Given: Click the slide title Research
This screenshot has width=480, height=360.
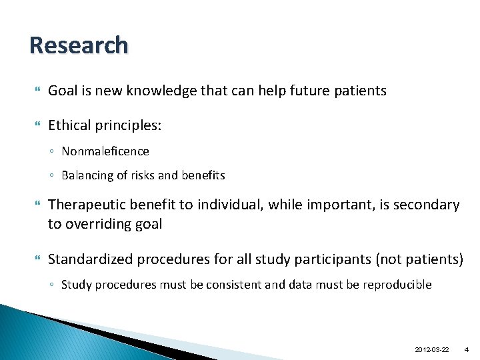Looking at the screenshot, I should tap(79, 45).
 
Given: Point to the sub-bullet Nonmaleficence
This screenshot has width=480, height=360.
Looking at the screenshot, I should tap(105, 151).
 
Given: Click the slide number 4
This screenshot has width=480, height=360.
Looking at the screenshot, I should tap(467, 349).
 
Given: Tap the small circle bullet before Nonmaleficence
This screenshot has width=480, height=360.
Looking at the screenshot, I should tap(52, 152).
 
